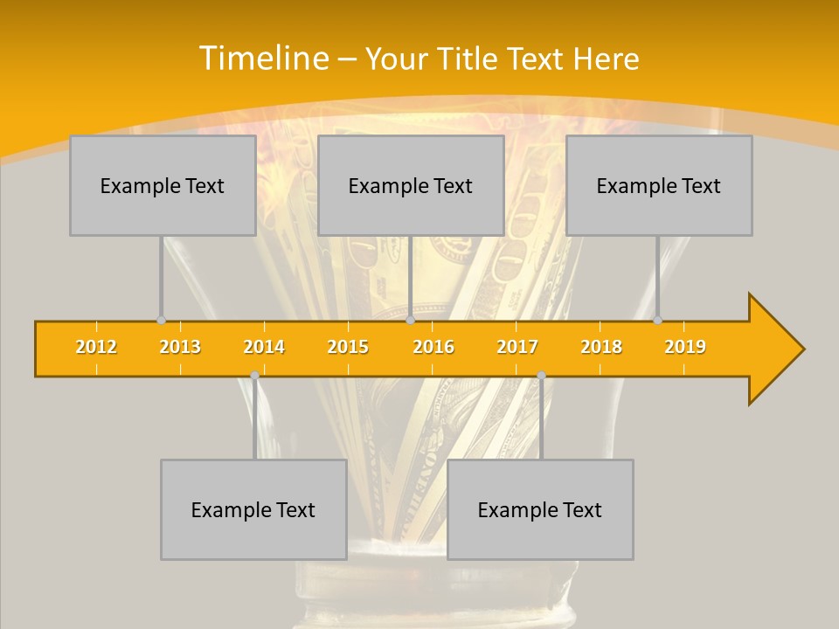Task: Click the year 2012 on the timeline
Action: click(96, 347)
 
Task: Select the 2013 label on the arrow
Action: click(180, 347)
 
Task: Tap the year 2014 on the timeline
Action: click(264, 347)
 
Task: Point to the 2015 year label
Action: click(348, 347)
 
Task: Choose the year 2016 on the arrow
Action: click(433, 347)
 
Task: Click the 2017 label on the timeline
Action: click(517, 347)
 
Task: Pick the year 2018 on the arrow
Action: click(601, 347)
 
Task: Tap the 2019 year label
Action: click(685, 347)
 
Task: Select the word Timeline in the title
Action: click(263, 59)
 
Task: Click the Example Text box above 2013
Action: click(163, 185)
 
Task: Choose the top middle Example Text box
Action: click(411, 185)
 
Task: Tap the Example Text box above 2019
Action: click(659, 185)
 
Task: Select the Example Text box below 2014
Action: click(253, 509)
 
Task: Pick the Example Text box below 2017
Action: click(540, 509)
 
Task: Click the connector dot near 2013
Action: click(161, 321)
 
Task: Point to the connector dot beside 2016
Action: click(410, 321)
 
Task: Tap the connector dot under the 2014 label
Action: click(254, 376)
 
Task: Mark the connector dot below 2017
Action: click(541, 376)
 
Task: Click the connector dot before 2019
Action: click(657, 321)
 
